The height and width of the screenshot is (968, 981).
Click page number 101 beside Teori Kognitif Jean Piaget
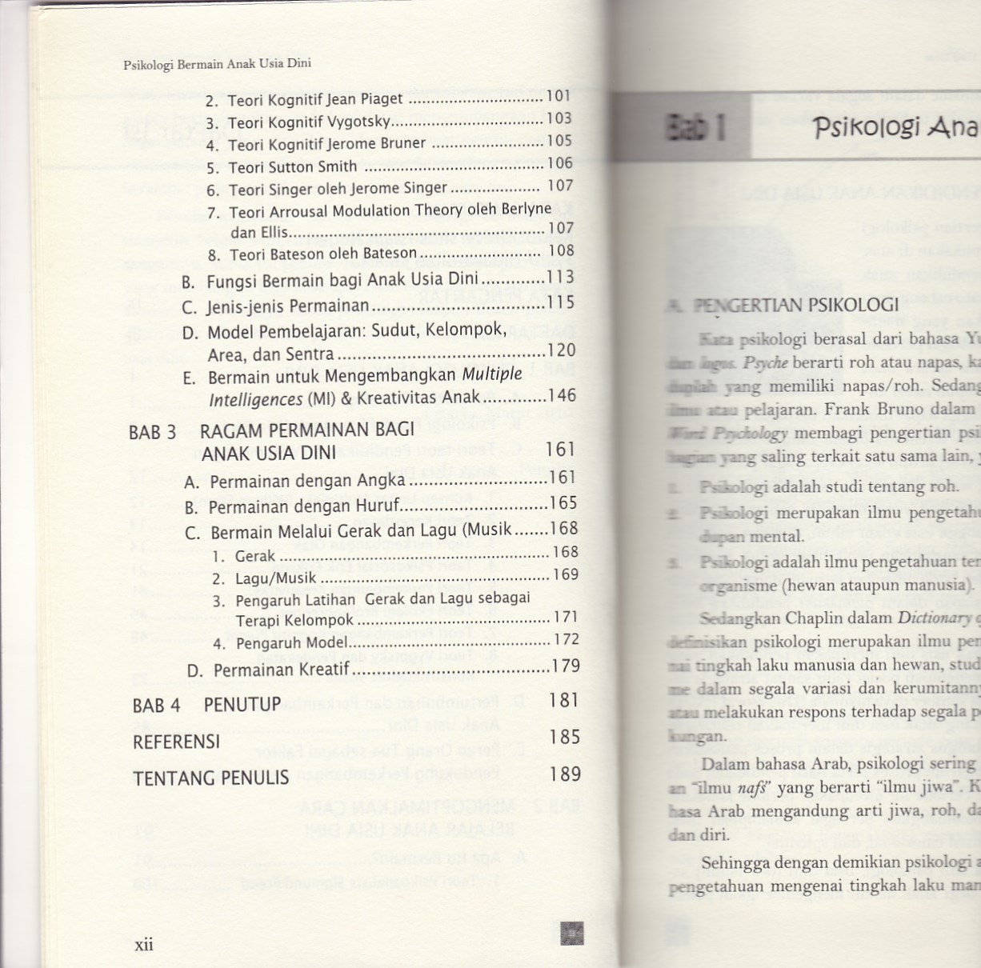coord(559,96)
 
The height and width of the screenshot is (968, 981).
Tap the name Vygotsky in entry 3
coord(358,122)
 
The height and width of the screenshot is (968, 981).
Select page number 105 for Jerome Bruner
coord(559,141)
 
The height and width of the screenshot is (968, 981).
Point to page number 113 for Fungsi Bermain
coord(560,278)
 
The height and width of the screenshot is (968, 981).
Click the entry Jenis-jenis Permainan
coord(288,306)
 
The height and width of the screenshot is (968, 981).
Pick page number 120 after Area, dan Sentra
coord(561,350)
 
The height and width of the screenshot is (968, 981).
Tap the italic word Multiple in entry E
coord(492,374)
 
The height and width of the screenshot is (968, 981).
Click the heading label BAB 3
coord(152,433)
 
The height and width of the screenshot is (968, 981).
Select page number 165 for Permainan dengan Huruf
coord(563,503)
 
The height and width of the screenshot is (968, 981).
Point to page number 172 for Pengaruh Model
coord(566,639)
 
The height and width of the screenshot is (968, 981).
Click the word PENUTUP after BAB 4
coord(242,705)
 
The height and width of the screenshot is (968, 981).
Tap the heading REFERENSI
coord(176,742)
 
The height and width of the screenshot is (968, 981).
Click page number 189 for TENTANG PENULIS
coord(565,774)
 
